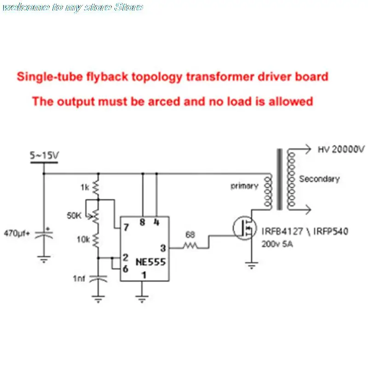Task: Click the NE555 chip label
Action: [150, 262]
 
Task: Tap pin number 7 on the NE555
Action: [125, 227]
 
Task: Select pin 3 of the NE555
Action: [163, 248]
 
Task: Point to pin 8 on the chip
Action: [142, 223]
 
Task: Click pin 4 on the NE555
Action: [156, 223]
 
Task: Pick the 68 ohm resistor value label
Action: [190, 235]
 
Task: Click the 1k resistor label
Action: [85, 187]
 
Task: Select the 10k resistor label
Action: [83, 239]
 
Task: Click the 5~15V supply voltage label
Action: [44, 156]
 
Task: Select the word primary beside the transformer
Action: [244, 186]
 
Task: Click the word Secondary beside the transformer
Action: [319, 179]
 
